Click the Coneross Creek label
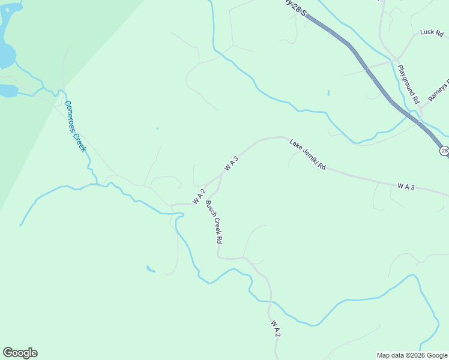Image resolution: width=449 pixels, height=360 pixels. (76, 125)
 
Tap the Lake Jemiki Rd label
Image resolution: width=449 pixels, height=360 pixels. (307, 154)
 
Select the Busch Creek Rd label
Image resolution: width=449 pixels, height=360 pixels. (214, 221)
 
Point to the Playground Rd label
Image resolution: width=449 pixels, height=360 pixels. (408, 85)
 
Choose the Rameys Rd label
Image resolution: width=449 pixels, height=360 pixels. (439, 90)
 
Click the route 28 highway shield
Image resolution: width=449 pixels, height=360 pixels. (444, 151)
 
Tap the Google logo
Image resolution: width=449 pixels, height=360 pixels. (20, 353)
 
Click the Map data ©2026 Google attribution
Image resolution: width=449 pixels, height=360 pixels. (412, 355)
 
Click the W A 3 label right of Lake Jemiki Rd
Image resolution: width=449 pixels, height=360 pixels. (406, 187)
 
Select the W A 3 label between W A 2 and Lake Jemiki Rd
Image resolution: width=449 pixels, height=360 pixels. (232, 164)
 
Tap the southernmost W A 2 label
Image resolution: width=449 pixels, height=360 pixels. (275, 328)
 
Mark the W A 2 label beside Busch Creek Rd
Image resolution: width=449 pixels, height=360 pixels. (199, 196)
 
